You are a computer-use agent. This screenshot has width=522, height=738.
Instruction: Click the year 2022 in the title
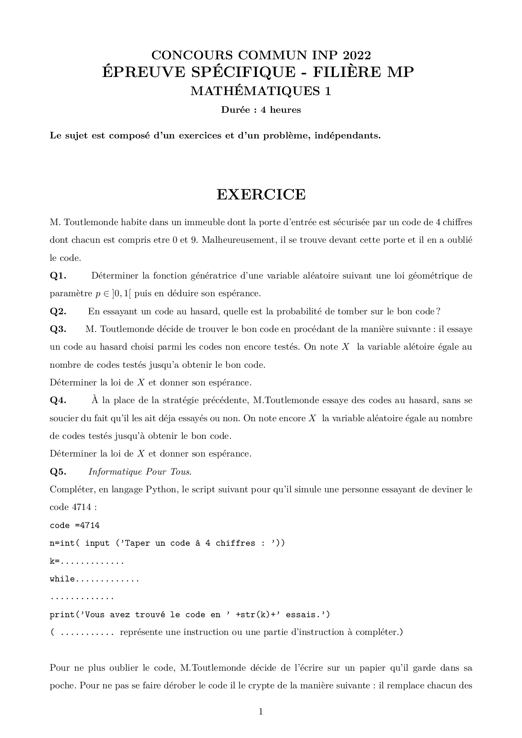[x=357, y=55]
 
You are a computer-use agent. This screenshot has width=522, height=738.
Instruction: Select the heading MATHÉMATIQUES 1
[x=261, y=91]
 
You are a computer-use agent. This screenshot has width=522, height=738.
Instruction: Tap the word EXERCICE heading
[x=261, y=194]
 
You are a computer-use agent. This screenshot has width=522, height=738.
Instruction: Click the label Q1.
[x=58, y=276]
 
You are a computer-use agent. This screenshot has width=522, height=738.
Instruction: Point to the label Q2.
[x=58, y=311]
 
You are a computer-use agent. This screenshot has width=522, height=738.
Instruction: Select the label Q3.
[x=58, y=329]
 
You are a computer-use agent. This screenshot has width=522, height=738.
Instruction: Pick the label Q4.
[x=58, y=400]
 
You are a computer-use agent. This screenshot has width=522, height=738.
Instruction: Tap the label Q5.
[x=58, y=472]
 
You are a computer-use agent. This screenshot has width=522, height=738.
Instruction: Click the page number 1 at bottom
[x=261, y=711]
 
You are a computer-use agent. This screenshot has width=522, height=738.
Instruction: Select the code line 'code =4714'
[x=75, y=526]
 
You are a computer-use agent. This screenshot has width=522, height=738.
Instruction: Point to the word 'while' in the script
[x=62, y=579]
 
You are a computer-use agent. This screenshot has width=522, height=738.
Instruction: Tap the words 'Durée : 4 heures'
[x=261, y=110]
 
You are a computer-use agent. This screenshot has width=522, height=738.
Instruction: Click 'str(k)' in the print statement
[x=252, y=615]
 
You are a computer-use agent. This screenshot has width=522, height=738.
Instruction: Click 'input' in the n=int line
[x=97, y=543]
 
